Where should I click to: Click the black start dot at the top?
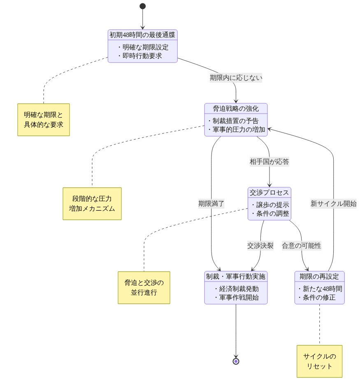coord(143,6)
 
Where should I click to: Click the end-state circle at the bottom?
coord(236,361)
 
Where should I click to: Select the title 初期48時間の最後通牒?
coord(143,35)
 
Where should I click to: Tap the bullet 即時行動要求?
coord(142,56)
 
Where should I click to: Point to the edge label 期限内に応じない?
coord(236,77)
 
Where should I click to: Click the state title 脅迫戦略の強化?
coord(236,109)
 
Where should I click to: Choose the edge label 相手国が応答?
coord(269,162)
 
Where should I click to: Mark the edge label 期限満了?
coord(211,204)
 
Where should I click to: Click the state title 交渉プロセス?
coord(269,193)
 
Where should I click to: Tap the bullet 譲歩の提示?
coord(270,205)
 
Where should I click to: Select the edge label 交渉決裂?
coord(260,246)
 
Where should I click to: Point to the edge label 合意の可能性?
coord(302,246)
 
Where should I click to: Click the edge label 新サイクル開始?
coord(333,204)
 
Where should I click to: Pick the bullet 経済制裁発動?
coord(236,289)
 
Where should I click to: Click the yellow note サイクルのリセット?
coord(319,361)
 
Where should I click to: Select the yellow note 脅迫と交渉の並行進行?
coord(144,288)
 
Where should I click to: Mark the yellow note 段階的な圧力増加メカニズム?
coord(92,204)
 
